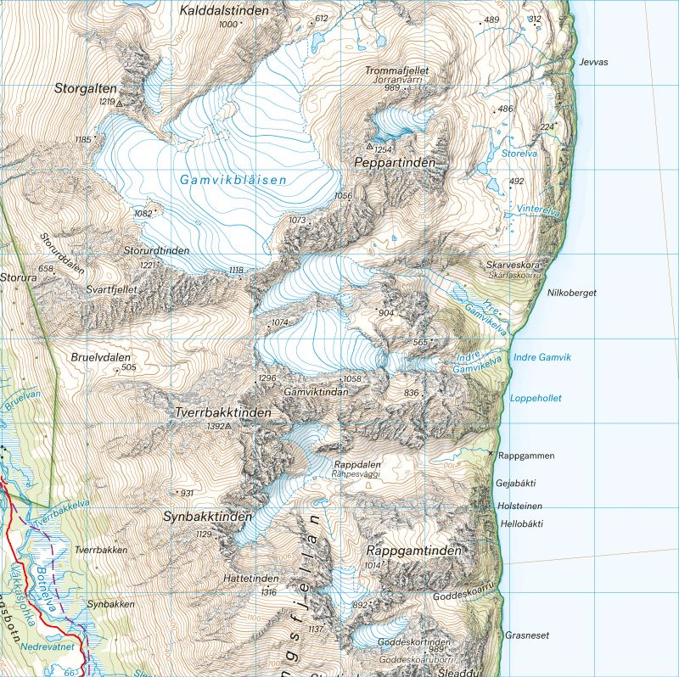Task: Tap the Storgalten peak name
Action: point(86,87)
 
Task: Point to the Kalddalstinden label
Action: point(224,11)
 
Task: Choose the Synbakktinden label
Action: point(208,517)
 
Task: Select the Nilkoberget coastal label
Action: point(572,293)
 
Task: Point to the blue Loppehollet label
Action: point(536,398)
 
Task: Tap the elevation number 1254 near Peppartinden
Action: point(384,149)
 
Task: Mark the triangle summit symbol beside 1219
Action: point(119,104)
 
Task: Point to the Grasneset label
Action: point(527,635)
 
